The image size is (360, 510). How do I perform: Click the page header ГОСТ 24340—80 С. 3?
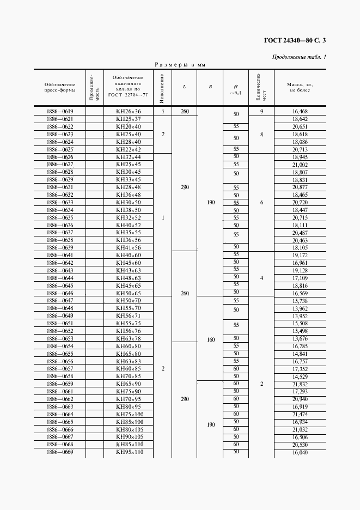click(x=295, y=40)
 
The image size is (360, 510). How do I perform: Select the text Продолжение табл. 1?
click(x=298, y=57)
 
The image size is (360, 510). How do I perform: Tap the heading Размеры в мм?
click(x=180, y=65)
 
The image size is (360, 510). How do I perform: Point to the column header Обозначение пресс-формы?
click(x=60, y=87)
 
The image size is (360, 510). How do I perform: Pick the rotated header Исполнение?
click(x=162, y=87)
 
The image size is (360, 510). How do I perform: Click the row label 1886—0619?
click(x=60, y=112)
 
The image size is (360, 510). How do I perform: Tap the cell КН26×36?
click(x=129, y=112)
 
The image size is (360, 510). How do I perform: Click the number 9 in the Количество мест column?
click(x=261, y=112)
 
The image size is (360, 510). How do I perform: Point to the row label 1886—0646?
click(x=60, y=293)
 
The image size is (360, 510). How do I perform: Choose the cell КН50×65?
click(x=129, y=293)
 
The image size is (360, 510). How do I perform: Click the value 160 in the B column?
click(x=211, y=339)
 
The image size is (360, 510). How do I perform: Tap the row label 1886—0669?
click(x=60, y=452)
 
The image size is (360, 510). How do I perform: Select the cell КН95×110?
click(x=129, y=452)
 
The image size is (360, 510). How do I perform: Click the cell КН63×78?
click(x=129, y=338)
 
